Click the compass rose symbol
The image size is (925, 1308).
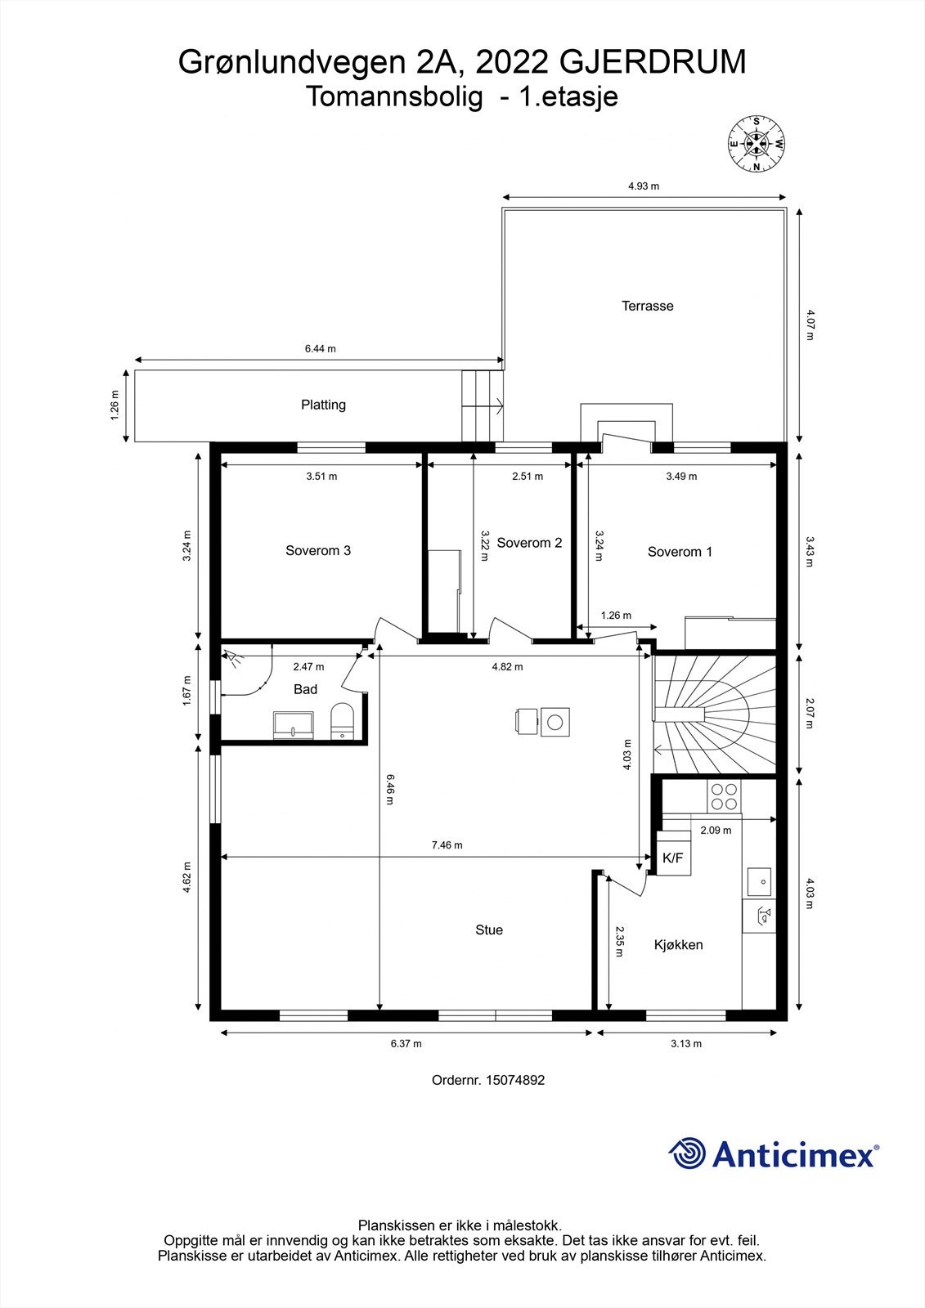(757, 145)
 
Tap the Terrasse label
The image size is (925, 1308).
(647, 306)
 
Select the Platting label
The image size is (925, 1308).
(323, 405)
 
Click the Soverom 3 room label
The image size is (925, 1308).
(318, 550)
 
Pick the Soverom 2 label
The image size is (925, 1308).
(529, 543)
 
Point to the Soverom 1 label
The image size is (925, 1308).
(680, 552)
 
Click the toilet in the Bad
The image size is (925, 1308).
(341, 723)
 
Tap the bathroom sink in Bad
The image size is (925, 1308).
(293, 724)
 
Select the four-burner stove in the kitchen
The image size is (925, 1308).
(723, 796)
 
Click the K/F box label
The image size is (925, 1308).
(672, 858)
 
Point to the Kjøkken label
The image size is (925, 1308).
(678, 945)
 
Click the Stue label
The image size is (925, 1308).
(489, 929)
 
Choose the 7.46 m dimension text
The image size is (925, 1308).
(447, 845)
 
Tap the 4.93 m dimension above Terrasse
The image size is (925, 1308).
(644, 186)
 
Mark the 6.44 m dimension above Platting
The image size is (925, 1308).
(321, 349)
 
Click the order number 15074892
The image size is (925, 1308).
(515, 1080)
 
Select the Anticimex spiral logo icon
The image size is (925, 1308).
(687, 1153)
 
